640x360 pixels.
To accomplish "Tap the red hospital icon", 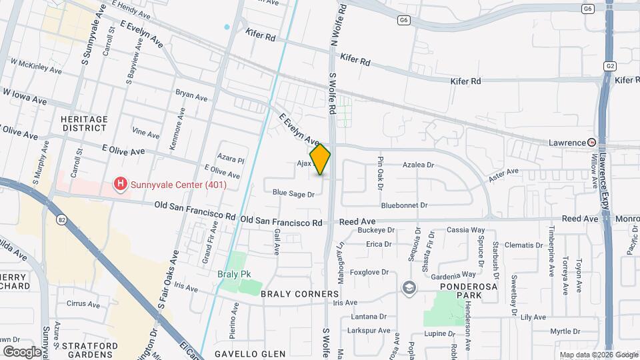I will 121,183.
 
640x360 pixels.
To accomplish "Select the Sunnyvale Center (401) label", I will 179,185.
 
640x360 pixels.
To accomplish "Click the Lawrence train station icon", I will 591,143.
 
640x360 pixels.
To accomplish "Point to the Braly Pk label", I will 233,274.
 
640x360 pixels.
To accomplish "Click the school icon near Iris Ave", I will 409,287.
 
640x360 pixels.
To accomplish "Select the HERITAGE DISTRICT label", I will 84,124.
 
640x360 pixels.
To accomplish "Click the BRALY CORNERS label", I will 300,294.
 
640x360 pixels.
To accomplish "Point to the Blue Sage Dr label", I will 293,193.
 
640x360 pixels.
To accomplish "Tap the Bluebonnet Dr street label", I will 405,205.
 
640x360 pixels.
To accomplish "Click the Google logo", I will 22,352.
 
